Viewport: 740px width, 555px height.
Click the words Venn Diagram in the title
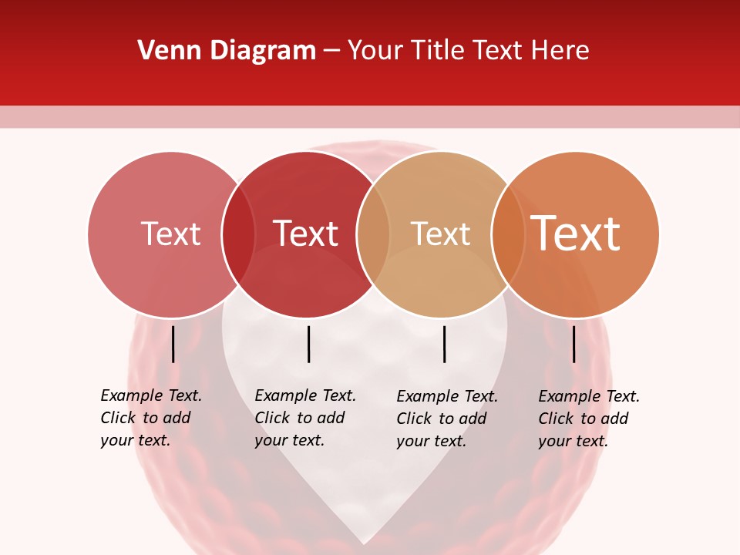[x=227, y=51]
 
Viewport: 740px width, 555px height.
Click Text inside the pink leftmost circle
[x=170, y=234]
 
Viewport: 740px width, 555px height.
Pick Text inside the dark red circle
[x=305, y=234]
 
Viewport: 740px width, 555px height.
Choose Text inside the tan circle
[x=440, y=234]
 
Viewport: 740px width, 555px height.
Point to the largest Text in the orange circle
[x=575, y=234]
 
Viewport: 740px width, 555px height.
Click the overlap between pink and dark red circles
[x=238, y=234]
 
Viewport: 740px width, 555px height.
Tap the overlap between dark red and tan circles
[x=373, y=234]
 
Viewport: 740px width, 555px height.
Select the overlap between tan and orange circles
[x=508, y=234]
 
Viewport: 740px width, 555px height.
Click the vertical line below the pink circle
[x=173, y=344]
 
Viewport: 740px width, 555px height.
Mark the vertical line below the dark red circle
[x=308, y=344]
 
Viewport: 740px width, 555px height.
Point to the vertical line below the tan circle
[x=444, y=344]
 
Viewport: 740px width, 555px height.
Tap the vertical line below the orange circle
[x=573, y=344]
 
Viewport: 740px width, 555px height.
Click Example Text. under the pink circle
[x=151, y=396]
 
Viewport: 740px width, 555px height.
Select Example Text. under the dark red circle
[x=305, y=396]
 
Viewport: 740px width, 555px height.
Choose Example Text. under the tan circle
[x=447, y=397]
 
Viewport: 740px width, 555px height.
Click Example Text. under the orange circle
[x=589, y=397]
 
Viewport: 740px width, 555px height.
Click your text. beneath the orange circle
[x=573, y=442]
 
